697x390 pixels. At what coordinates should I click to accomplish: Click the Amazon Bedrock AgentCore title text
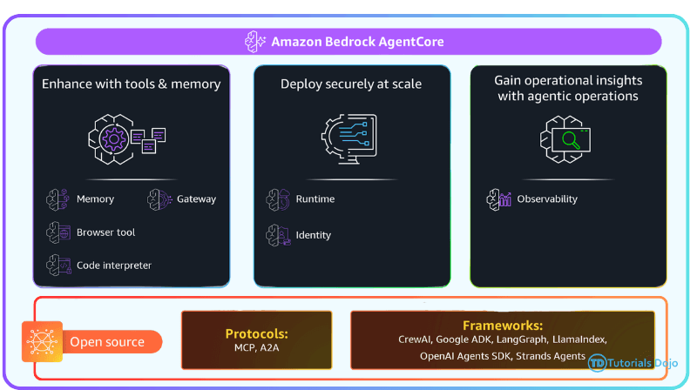(357, 42)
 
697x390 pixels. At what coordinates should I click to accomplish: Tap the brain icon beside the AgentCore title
(255, 42)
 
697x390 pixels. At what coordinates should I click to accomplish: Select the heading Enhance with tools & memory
(131, 84)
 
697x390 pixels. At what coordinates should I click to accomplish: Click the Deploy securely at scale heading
(351, 84)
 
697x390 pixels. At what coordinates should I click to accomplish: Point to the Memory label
(95, 199)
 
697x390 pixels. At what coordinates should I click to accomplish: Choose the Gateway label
(196, 199)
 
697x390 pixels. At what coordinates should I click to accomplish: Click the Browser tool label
(105, 232)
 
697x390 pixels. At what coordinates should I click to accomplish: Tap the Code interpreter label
(114, 266)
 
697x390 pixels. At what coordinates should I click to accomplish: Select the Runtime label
(315, 199)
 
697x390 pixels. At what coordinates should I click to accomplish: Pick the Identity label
(314, 235)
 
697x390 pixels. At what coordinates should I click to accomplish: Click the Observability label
(547, 199)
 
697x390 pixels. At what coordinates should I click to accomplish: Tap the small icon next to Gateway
(159, 199)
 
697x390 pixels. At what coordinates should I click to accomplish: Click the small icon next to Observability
(497, 199)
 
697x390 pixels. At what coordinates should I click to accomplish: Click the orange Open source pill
(106, 342)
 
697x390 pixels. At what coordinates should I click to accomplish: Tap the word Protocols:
(256, 333)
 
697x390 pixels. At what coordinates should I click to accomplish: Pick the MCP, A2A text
(256, 348)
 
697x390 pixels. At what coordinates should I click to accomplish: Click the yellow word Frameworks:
(502, 326)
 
